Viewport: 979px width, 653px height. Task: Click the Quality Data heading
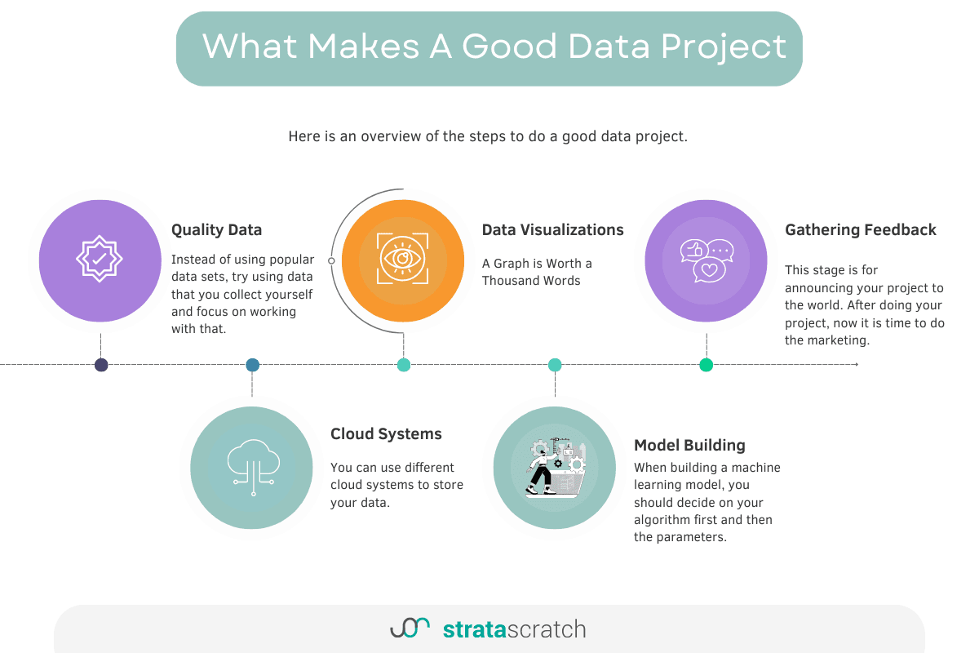[x=216, y=230]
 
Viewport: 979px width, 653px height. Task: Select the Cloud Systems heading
[x=386, y=434]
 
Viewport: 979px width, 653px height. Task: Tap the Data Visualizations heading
[x=552, y=230]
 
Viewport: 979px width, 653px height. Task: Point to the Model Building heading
[x=689, y=446]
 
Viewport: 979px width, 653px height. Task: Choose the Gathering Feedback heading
[x=861, y=230]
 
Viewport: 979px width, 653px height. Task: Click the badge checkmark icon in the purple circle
[x=100, y=259]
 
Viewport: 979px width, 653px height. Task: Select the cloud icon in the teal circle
[x=252, y=466]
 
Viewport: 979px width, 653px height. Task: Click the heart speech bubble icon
[x=709, y=269]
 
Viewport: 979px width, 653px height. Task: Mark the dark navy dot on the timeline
[x=101, y=365]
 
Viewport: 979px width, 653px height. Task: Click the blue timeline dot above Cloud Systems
[x=252, y=365]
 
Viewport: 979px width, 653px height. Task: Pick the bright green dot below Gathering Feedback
[x=706, y=365]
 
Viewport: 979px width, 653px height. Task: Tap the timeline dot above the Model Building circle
[x=555, y=365]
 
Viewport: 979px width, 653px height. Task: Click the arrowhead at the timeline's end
[x=856, y=365]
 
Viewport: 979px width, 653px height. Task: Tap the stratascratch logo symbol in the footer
[x=410, y=628]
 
